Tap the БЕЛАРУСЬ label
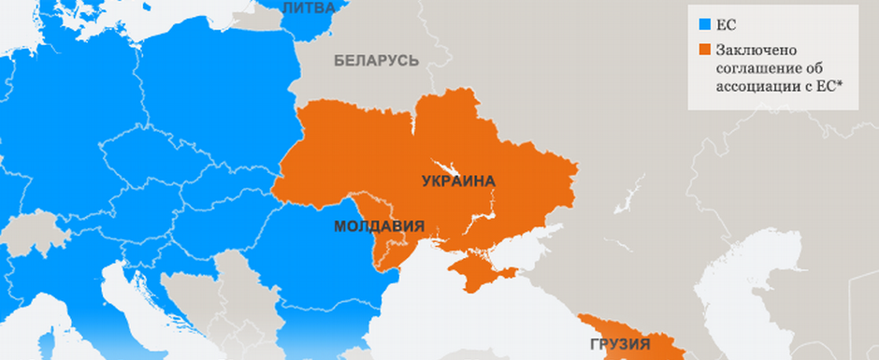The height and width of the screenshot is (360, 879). click(377, 61)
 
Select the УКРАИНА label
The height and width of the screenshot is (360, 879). click(457, 180)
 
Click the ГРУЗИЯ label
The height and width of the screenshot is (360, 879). click(620, 344)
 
